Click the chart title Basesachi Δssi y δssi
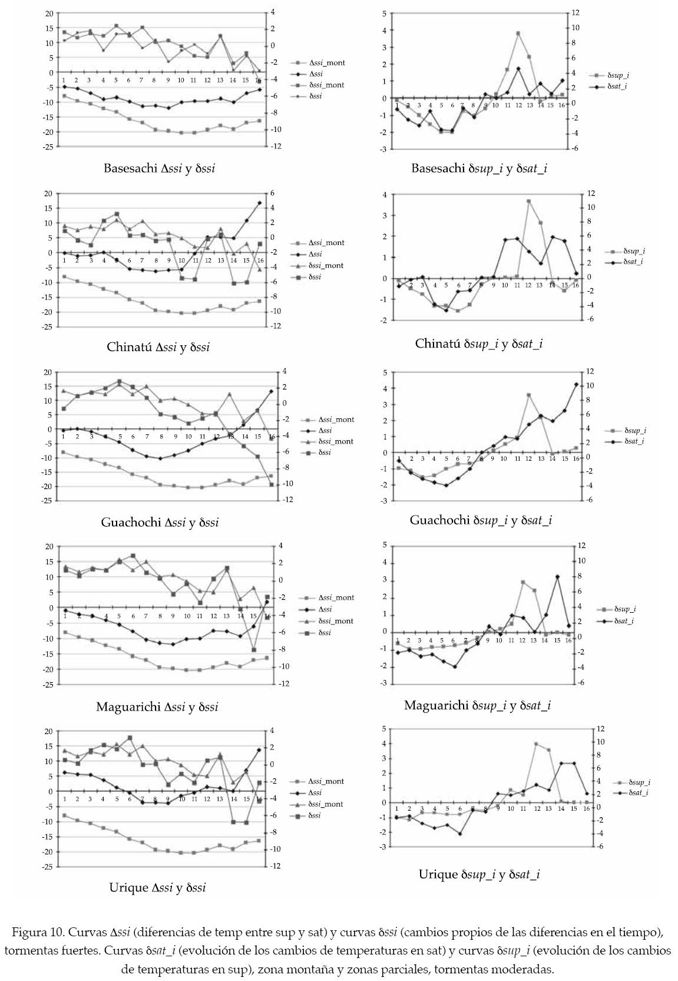[x=159, y=169]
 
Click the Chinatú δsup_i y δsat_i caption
[x=479, y=343]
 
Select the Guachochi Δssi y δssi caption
[x=160, y=522]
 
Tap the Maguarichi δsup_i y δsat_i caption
[x=477, y=705]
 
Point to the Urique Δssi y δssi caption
[x=157, y=887]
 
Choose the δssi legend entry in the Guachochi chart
[x=320, y=452]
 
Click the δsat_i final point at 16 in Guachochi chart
[x=576, y=384]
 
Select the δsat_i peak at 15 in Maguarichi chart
[x=557, y=577]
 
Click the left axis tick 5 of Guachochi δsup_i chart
[x=385, y=372]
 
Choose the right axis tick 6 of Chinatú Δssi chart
[x=272, y=193]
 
